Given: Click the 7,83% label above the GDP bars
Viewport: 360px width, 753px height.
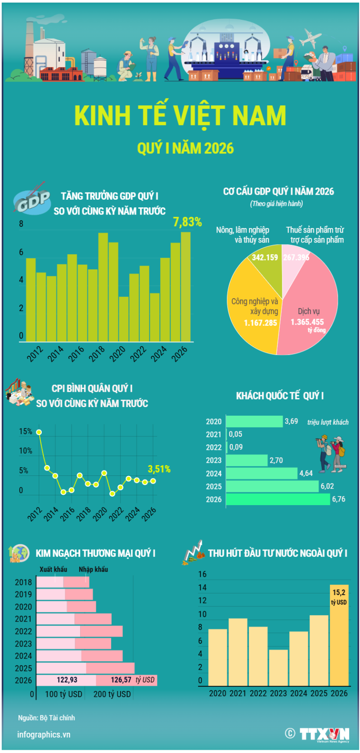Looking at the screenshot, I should point(187,222).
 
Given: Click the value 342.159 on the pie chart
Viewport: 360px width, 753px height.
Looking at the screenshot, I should point(265,257).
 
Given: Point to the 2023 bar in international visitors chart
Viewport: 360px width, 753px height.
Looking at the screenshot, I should point(247,460).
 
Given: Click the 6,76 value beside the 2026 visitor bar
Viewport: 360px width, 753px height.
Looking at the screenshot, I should point(338,499).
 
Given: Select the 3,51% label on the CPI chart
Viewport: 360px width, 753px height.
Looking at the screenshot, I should point(159,469).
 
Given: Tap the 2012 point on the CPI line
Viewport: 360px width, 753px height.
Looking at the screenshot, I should point(39,432).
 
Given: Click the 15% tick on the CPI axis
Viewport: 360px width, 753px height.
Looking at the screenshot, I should point(25,431).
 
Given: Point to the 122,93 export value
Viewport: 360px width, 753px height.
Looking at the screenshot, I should point(67,680).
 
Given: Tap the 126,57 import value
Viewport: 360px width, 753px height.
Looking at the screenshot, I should point(121,680).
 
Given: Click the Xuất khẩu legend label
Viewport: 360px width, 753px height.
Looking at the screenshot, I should point(53,569).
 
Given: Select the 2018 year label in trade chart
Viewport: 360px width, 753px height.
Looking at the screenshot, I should point(23,582).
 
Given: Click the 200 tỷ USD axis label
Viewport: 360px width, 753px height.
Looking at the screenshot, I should point(112,694).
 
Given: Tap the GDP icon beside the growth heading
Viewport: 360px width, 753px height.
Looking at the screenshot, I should point(31,201).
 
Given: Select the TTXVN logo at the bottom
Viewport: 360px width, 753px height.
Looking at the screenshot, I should point(324,734).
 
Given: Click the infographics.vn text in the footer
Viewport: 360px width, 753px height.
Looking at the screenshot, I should point(44,735).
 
